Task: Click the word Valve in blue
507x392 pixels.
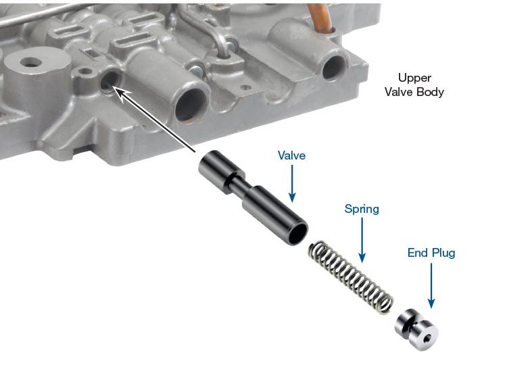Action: click(x=291, y=155)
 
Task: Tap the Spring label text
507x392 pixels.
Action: click(x=362, y=209)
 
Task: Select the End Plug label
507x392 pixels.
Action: click(x=431, y=253)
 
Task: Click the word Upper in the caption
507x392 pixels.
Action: click(x=414, y=78)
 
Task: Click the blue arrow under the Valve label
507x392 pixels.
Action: click(x=292, y=184)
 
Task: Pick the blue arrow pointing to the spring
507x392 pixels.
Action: click(x=362, y=240)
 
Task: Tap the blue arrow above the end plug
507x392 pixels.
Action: click(x=431, y=285)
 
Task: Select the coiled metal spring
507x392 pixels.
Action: click(x=350, y=277)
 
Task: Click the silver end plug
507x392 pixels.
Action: click(x=416, y=330)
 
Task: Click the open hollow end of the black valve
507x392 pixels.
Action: click(x=297, y=232)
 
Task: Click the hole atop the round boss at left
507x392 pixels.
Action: click(x=30, y=62)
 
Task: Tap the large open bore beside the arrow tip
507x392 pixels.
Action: click(x=191, y=104)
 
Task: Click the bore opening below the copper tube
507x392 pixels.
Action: click(x=334, y=67)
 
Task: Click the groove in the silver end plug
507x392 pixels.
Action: click(x=410, y=326)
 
